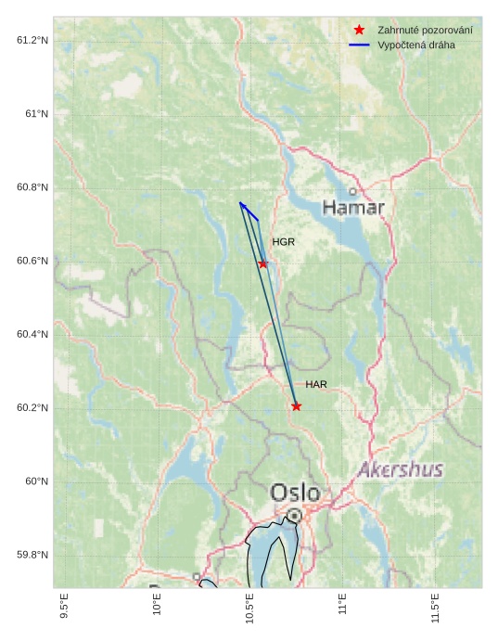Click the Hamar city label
[353, 208]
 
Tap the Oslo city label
[295, 493]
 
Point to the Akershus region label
[401, 469]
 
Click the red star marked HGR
[263, 264]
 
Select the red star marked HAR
[296, 406]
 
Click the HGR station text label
[283, 242]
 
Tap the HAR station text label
[316, 384]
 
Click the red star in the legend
[360, 31]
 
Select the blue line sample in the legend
[360, 45]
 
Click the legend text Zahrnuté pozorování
[425, 31]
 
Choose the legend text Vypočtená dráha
[416, 45]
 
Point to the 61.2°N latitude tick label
[32, 40]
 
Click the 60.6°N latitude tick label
[32, 261]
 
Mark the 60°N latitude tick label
[37, 481]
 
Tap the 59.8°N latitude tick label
[32, 555]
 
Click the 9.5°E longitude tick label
[64, 609]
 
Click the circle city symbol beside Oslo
[294, 515]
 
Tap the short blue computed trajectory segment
[249, 211]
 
